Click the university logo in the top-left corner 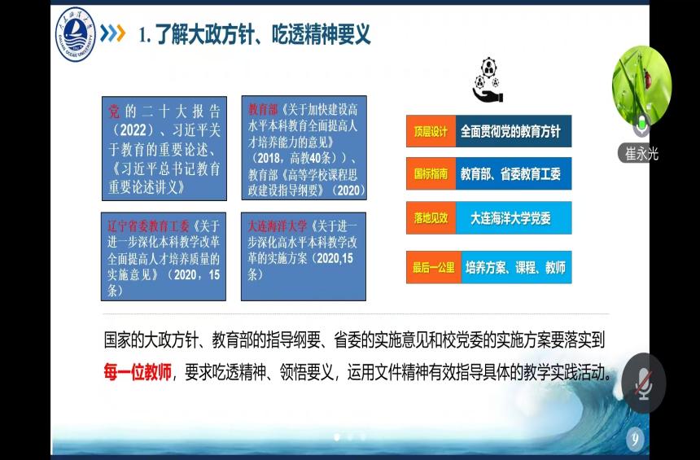76,34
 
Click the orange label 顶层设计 431,131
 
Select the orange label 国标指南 431,173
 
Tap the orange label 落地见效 431,218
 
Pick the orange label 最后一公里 434,268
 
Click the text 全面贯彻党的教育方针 510,131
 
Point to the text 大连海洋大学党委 510,218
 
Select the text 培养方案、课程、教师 515,268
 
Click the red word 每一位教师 138,371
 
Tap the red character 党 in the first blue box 114,112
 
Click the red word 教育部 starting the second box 263,110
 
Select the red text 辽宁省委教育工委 149,226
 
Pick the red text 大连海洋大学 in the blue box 278,226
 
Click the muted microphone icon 643,383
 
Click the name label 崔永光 641,154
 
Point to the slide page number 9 635,439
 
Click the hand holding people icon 488,80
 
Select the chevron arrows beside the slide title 113,33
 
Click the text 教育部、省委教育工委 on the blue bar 510,173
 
